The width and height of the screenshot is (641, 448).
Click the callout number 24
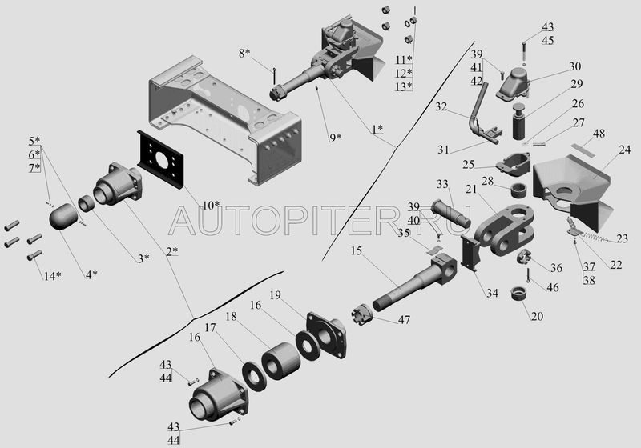point(625,150)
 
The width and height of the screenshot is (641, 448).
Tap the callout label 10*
point(211,206)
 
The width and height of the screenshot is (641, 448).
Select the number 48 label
point(599,134)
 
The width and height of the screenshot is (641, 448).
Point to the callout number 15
point(357,250)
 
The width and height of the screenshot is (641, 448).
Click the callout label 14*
point(53,276)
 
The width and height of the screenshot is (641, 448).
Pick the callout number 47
point(405,319)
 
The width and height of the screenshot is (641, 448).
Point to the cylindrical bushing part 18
point(281,361)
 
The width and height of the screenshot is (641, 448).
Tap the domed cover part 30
point(514,84)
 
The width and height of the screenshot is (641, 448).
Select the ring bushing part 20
point(520,294)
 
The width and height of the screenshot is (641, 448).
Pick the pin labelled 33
point(450,213)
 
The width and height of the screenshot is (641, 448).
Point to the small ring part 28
point(518,190)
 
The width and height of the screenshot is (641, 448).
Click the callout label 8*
point(244,53)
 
